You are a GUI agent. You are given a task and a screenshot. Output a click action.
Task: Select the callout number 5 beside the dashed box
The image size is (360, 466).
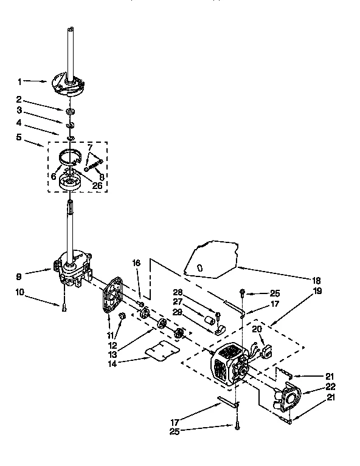click(19, 137)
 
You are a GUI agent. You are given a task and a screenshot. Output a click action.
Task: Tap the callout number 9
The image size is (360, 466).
click(19, 276)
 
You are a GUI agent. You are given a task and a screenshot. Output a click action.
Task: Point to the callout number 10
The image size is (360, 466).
click(19, 293)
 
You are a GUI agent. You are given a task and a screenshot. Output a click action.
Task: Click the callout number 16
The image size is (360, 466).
click(136, 263)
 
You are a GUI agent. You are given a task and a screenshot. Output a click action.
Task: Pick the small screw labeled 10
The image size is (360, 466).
click(63, 307)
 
